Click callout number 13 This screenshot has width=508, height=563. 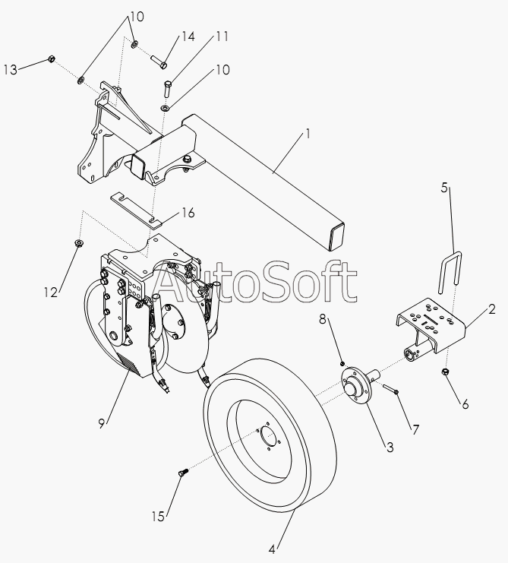click(11, 70)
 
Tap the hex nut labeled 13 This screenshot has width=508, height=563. click(51, 59)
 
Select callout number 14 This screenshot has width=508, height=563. click(188, 36)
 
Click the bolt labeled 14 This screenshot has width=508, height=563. click(159, 62)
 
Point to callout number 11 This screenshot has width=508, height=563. click(222, 36)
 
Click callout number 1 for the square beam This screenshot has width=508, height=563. click(308, 134)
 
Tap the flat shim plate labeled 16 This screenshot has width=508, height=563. click(136, 210)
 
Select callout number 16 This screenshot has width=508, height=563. click(188, 213)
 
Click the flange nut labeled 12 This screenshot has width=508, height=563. click(77, 243)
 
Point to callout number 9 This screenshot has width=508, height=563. click(102, 424)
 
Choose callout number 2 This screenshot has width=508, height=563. click(491, 309)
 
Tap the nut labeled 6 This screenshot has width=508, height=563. click(445, 372)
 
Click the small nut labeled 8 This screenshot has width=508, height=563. click(343, 363)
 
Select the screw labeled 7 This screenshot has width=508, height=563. click(391, 389)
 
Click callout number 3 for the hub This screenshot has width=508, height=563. click(390, 448)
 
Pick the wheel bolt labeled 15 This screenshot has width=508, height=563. click(183, 472)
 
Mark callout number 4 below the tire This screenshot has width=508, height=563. click(272, 549)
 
